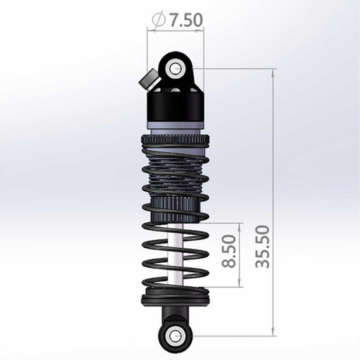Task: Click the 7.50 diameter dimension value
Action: [x=184, y=19]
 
